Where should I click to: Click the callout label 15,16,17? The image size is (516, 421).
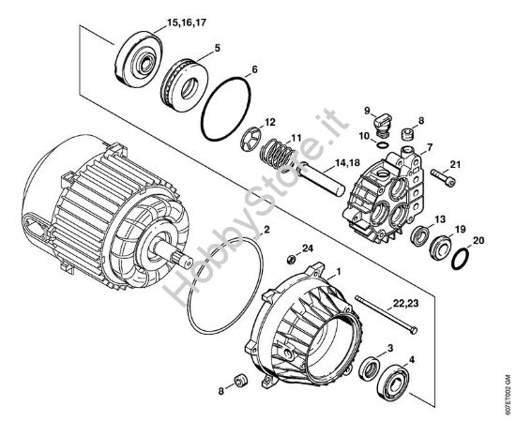(187, 23)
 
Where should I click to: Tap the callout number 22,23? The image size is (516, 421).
(405, 303)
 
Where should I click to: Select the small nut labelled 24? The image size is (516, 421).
(291, 259)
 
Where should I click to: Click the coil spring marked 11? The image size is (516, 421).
(278, 154)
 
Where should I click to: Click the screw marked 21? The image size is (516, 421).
(443, 177)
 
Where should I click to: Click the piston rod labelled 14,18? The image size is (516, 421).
(322, 180)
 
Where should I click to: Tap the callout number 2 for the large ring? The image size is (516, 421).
(266, 229)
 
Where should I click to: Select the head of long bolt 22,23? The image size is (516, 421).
(414, 330)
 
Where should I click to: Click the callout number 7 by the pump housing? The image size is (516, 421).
(430, 147)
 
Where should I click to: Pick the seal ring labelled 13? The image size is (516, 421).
(420, 235)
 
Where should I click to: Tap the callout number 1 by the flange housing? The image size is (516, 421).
(338, 272)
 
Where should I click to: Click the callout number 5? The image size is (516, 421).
(217, 48)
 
